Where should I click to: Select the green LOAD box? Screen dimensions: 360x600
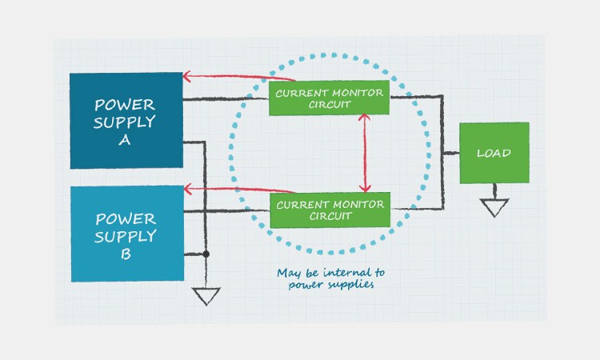[x=494, y=153]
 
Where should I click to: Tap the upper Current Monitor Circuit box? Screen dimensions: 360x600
[x=329, y=98]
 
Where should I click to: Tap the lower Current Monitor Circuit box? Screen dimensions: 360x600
[x=329, y=210]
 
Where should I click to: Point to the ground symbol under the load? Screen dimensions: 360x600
[x=494, y=207]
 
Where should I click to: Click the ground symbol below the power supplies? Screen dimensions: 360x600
[x=206, y=296]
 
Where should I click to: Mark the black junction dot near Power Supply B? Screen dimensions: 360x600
[x=206, y=254]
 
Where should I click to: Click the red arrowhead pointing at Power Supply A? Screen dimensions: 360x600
[x=187, y=77]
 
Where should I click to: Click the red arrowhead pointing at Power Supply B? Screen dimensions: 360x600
[x=187, y=189]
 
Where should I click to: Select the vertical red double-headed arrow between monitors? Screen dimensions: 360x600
[x=365, y=152]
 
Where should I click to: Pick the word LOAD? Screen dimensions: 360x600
[x=494, y=153]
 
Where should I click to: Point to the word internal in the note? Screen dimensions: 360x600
[x=335, y=273]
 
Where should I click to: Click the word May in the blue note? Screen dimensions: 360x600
[x=288, y=273]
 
